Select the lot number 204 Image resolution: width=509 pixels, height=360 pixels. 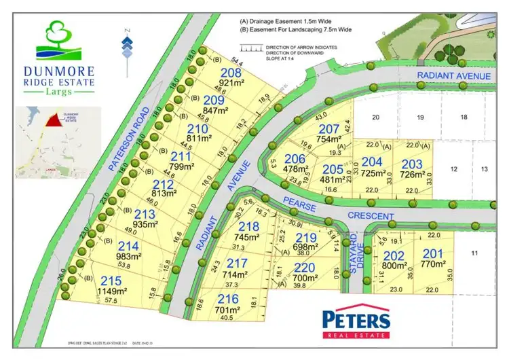tap(372, 162)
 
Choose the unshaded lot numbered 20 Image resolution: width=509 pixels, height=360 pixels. tap(375, 118)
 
